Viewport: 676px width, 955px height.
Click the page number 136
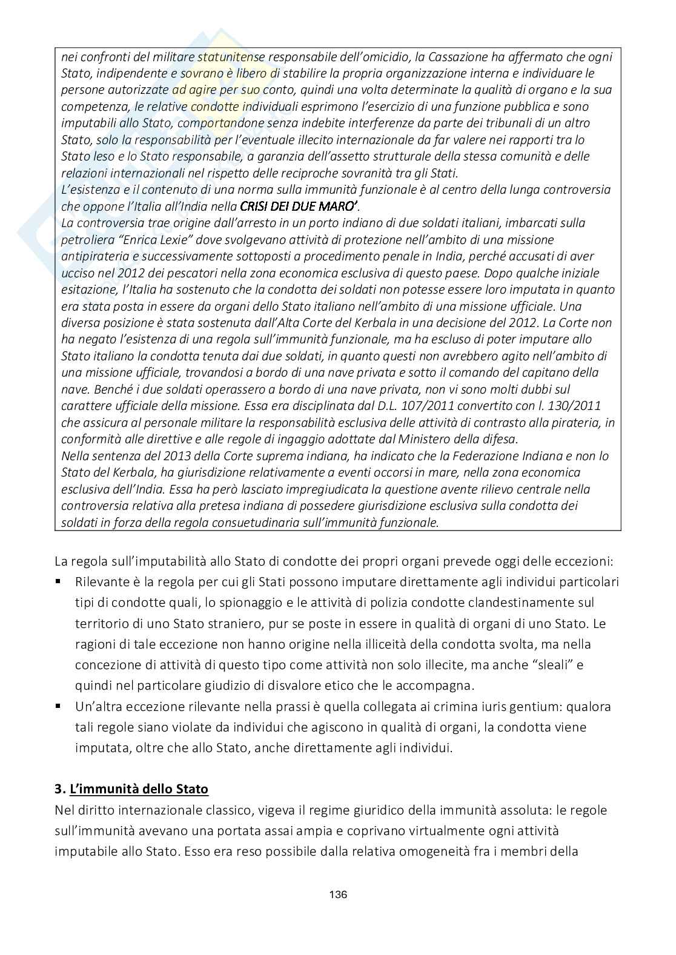(338, 894)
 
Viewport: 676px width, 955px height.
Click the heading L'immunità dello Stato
(139, 789)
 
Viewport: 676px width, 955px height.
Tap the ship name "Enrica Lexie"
(153, 240)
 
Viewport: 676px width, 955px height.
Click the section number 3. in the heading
(59, 789)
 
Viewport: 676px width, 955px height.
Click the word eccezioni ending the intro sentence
(587, 561)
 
